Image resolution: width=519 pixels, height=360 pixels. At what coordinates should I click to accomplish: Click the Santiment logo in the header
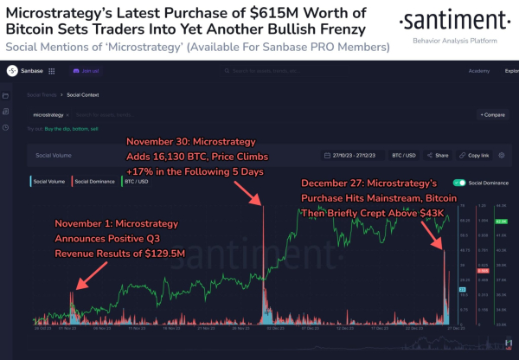point(440,22)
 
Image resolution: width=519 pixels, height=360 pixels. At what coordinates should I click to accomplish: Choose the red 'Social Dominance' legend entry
point(94,183)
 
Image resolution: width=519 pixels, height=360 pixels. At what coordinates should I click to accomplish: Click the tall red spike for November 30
point(263,260)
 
